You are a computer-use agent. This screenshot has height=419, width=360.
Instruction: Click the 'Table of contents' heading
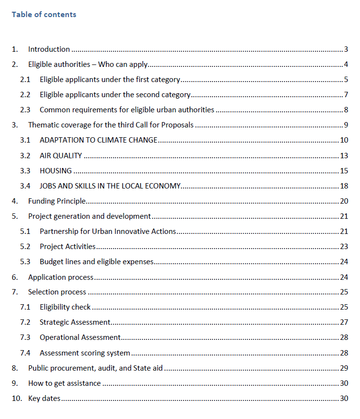pos(44,15)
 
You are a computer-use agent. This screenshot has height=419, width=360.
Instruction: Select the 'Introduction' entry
pos(49,49)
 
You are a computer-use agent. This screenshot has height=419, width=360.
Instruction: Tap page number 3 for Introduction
pos(345,49)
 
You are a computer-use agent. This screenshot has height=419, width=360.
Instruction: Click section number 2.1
pos(25,80)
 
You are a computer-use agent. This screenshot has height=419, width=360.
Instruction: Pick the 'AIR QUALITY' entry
pos(61,156)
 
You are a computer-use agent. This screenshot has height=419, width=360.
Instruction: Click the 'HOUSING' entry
pos(56,171)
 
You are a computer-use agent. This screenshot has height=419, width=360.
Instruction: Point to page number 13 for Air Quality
pos(344,156)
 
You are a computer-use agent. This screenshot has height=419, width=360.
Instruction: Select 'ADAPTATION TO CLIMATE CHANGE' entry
pos(98,141)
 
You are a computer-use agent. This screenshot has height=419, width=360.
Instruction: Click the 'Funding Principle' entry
pos(57,201)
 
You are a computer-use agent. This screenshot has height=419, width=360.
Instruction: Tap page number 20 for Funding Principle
pos(344,201)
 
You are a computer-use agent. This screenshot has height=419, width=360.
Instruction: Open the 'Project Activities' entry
pos(67,247)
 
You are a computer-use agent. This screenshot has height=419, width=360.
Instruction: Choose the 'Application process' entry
pos(61,277)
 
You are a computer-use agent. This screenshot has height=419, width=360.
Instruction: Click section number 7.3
pos(25,337)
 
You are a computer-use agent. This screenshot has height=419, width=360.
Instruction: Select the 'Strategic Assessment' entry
pos(75,322)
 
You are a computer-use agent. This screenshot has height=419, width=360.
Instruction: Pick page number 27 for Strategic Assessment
pos(344,322)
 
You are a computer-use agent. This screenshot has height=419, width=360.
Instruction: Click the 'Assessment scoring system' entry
pos(85,353)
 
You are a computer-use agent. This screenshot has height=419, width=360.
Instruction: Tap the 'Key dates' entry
pos(44,398)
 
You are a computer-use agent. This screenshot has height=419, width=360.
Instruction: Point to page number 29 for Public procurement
pos(344,368)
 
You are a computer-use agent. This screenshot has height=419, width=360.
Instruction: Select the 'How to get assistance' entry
pos(64,383)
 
